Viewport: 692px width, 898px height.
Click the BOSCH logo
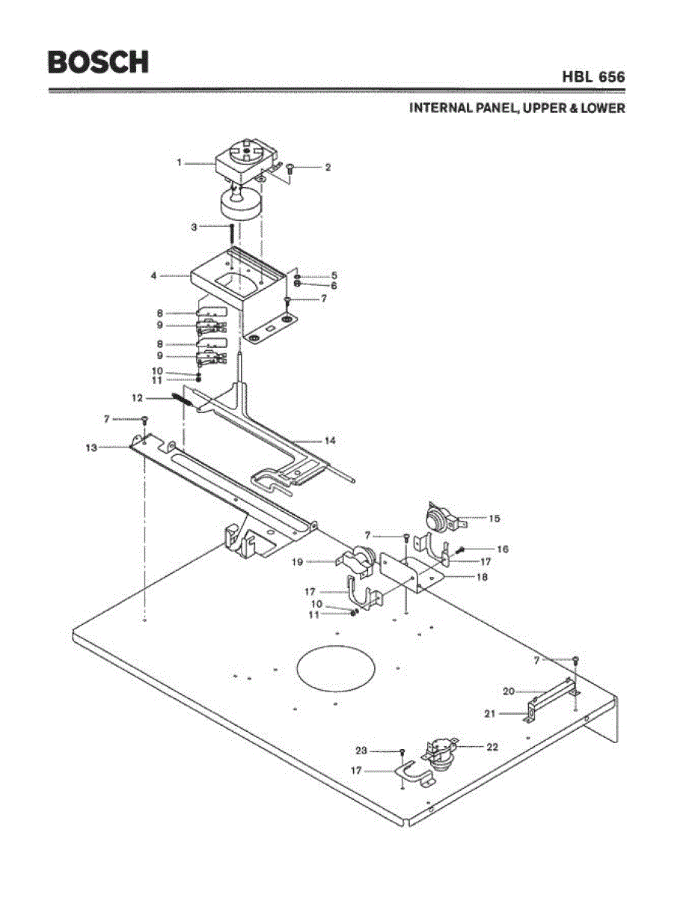98,61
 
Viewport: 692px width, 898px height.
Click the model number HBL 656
593,77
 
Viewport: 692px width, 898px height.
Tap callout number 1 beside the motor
180,162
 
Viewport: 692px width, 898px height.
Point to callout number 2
327,168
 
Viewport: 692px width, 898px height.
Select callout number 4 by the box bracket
153,275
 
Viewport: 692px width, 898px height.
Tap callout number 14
330,441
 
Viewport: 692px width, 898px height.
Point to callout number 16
502,549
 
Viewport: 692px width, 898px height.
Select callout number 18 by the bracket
483,578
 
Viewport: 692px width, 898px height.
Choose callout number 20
509,691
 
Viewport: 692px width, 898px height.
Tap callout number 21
490,714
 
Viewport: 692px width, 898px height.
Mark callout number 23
361,750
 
